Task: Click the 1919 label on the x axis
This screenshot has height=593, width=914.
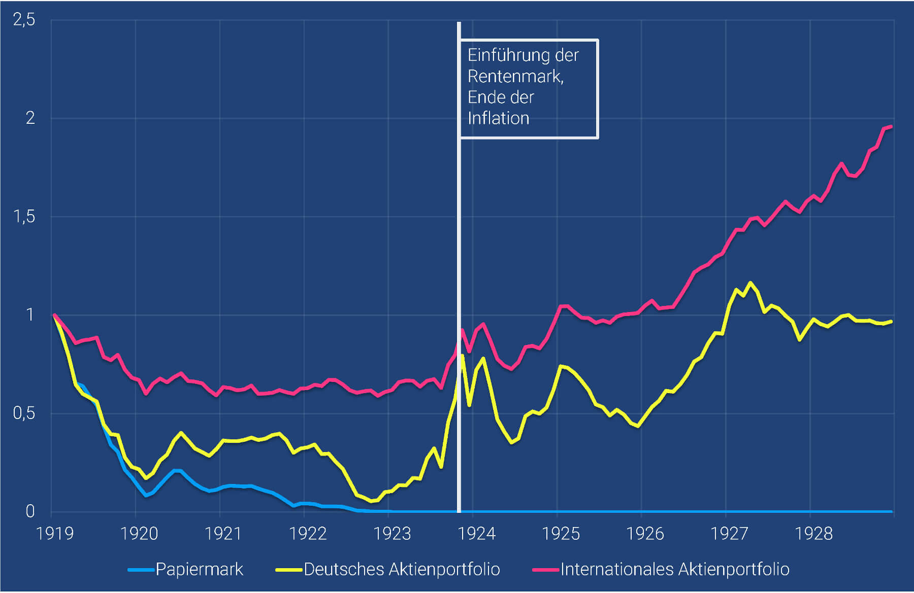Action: (55, 534)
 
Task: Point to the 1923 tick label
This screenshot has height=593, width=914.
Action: (392, 534)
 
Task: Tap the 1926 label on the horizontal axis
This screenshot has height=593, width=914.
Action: (645, 534)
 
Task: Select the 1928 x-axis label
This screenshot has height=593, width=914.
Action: (813, 534)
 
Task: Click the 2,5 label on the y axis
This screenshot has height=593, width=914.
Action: (24, 20)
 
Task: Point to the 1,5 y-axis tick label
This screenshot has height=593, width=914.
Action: (24, 217)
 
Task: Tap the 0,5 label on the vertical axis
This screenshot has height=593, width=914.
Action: (24, 413)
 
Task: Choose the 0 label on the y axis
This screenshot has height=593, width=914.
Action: (30, 511)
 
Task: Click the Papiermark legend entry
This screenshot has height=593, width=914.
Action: (199, 569)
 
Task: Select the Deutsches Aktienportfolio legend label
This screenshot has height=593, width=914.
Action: (402, 569)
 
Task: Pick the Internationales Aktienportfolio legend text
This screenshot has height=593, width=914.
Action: (675, 569)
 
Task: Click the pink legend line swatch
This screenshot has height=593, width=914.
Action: (545, 570)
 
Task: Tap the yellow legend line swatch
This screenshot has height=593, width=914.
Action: (288, 570)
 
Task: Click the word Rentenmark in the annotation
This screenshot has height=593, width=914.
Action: (515, 76)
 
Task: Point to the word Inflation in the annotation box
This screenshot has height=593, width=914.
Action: (498, 118)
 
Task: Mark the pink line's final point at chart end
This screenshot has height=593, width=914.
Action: (891, 127)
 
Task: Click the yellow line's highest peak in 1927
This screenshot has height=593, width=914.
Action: (750, 283)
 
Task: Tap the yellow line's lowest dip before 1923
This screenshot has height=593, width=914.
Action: (372, 501)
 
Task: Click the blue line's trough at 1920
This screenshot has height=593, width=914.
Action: (146, 495)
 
